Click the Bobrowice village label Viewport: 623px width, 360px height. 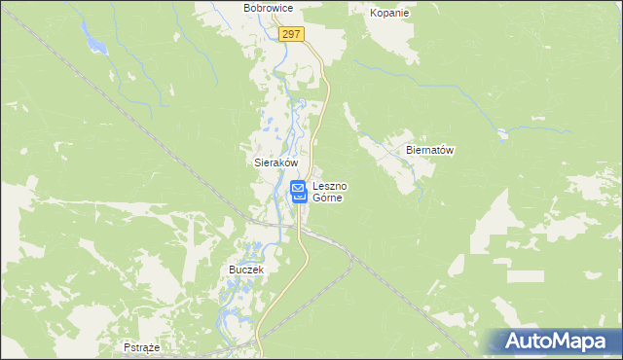(269, 8)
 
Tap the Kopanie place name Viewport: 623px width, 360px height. (389, 14)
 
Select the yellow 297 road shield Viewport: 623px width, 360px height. (291, 34)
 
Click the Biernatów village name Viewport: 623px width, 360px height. (430, 151)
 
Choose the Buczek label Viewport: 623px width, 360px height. (246, 269)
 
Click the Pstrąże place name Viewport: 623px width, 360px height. (142, 346)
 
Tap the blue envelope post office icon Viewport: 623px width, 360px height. (299, 191)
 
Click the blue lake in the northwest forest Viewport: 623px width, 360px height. (94, 43)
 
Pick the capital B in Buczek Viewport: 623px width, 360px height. (232, 269)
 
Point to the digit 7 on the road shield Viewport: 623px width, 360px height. (299, 34)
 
